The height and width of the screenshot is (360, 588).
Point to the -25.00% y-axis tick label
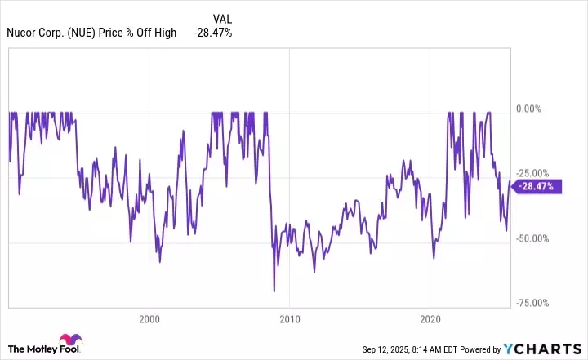click(x=534, y=173)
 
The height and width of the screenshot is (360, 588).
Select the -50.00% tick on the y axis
click(x=534, y=238)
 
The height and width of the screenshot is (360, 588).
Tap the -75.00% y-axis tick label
click(x=534, y=303)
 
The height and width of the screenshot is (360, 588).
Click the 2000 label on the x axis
click(x=149, y=316)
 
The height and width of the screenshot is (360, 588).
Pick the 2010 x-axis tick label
click(x=290, y=316)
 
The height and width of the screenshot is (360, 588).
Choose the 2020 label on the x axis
click(x=431, y=316)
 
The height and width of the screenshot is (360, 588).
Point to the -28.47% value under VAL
click(x=214, y=33)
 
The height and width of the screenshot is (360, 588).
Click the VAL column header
click(x=221, y=18)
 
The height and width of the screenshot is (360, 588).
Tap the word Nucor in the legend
click(x=24, y=33)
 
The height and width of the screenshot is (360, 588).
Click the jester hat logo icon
click(x=67, y=342)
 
